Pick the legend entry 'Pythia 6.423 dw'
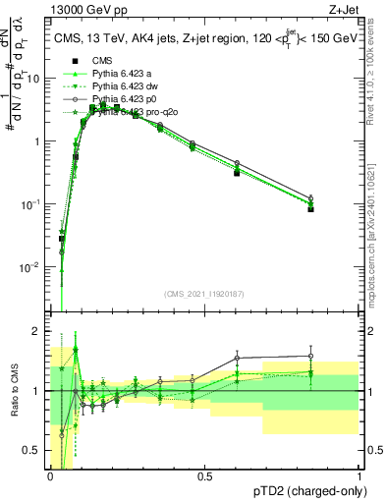click(130, 86)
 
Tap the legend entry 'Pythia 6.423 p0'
click(129, 99)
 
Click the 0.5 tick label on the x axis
click(204, 475)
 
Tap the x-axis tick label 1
click(359, 475)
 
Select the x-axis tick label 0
click(50, 475)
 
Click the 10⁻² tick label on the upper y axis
click(32, 267)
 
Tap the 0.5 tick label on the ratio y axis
click(34, 452)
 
